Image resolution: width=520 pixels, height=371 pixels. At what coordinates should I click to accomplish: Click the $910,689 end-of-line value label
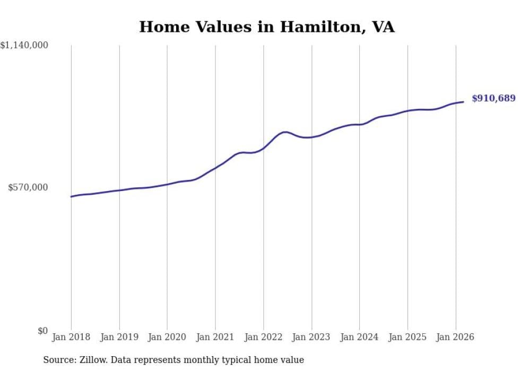[x=493, y=98]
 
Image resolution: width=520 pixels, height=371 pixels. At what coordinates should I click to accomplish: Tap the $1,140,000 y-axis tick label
[x=24, y=46]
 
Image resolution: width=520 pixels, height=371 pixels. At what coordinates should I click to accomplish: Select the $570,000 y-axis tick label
[x=28, y=187]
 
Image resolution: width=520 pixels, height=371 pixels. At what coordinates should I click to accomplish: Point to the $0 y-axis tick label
[x=42, y=331]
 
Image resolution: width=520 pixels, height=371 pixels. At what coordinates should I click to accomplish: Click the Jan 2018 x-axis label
[x=71, y=337]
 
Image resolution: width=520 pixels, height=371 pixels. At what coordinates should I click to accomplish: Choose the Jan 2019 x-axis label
[x=119, y=337]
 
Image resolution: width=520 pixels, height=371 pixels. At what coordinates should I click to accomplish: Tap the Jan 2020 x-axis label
[x=167, y=337]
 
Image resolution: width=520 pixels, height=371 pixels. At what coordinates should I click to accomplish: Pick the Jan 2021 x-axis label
[x=215, y=337]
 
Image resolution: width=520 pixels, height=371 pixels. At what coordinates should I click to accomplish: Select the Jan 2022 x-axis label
[x=263, y=337]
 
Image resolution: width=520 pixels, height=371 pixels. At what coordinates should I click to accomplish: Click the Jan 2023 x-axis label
[x=311, y=337]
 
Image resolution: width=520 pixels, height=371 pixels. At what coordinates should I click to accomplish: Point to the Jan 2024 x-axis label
[x=359, y=337]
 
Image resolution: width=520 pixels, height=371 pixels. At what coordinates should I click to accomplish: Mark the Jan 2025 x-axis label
[x=408, y=337]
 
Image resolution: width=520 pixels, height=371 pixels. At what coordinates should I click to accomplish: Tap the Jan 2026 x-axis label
[x=455, y=337]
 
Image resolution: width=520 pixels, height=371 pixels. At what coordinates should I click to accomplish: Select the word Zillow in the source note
[x=90, y=360]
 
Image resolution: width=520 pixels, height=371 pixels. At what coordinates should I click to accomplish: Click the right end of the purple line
[x=463, y=102]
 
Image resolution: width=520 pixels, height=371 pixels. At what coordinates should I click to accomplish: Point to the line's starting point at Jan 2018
[x=71, y=196]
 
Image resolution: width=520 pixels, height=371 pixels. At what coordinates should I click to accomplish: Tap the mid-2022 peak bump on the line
[x=285, y=132]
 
